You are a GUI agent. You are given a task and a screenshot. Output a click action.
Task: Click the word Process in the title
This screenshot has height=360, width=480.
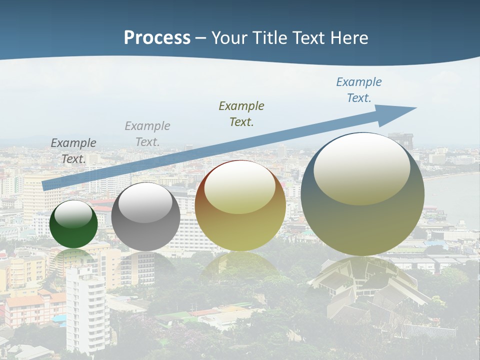coord(157,38)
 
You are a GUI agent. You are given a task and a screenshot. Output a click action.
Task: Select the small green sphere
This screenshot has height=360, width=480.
coord(73,224)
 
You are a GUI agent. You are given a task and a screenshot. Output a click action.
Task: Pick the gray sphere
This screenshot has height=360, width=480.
coord(145,217)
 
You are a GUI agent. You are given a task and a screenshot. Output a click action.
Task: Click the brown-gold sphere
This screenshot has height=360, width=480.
coord(240,205)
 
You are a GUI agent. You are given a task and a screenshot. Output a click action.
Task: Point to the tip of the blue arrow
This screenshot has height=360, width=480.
coord(415,108)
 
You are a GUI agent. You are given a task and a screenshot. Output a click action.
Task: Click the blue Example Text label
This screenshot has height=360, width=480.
coord(358,90)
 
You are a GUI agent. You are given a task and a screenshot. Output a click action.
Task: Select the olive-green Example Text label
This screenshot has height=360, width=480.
coord(241,113)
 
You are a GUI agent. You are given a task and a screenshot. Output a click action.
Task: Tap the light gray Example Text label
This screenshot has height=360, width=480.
coord(147,134)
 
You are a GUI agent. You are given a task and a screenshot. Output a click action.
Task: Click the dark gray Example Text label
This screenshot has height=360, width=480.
coord(73,151)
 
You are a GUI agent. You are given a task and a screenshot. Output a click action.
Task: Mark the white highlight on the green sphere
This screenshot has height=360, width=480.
coord(73,214)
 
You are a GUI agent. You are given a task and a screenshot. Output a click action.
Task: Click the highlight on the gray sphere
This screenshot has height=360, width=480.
coord(145,203)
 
